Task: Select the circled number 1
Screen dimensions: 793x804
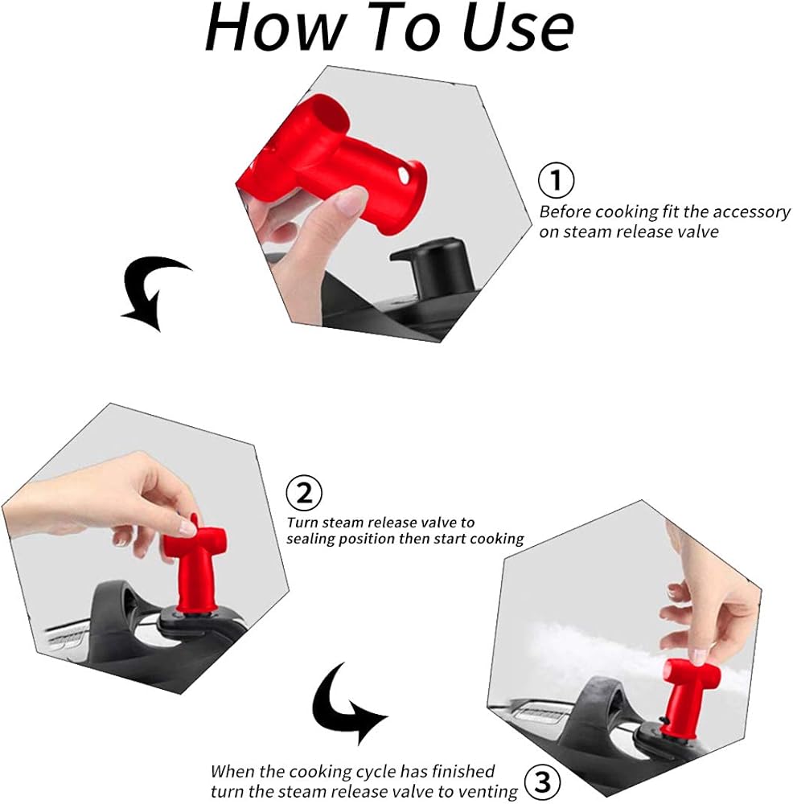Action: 556,180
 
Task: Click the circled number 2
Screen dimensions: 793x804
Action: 304,494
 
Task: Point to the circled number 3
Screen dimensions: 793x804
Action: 542,782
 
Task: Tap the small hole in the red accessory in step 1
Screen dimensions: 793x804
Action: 404,176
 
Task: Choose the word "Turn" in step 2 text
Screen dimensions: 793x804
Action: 302,523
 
